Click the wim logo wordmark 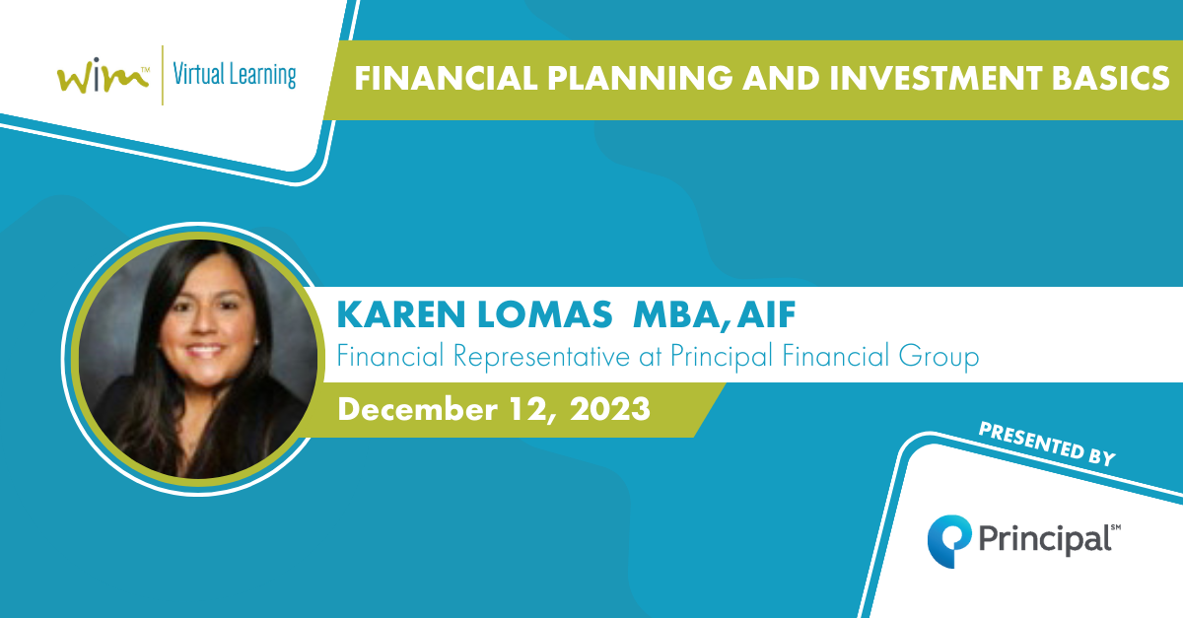click(103, 75)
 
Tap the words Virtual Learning click(235, 76)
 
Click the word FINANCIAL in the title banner click(446, 78)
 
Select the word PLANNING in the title click(640, 78)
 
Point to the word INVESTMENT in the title click(936, 78)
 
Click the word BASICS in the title click(1110, 78)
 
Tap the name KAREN click(401, 314)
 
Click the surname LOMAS click(544, 314)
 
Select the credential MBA click(677, 314)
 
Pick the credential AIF click(767, 314)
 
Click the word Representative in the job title click(541, 357)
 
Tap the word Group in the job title click(939, 357)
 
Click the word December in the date click(417, 409)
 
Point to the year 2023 click(610, 409)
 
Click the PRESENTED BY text click(1047, 445)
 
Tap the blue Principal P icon click(949, 541)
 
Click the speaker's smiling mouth click(204, 350)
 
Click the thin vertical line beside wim click(162, 75)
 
